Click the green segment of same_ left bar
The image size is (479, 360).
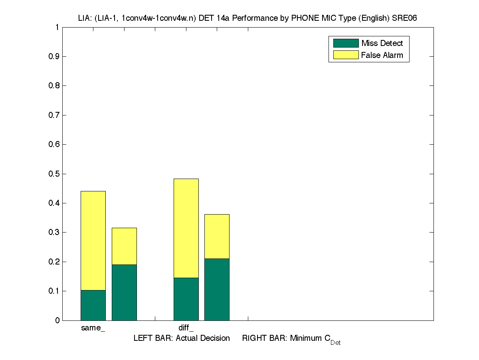(x=93, y=305)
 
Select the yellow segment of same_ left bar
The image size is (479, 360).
(x=93, y=241)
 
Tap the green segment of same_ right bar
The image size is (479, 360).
(x=124, y=292)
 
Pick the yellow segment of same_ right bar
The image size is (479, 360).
(x=124, y=246)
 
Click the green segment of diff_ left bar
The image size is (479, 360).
(x=186, y=299)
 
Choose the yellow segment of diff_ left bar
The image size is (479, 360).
(x=186, y=228)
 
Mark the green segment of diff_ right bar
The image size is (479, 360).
(x=217, y=289)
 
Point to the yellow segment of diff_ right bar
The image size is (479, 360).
(x=217, y=237)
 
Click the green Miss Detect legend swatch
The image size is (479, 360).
(x=346, y=43)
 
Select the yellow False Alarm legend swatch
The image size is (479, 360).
(x=346, y=55)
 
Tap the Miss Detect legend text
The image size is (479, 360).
(x=382, y=43)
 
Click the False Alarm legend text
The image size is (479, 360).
(x=382, y=55)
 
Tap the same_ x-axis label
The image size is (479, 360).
(x=93, y=328)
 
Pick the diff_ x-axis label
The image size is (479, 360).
(x=186, y=328)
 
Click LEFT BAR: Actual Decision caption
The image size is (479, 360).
(x=182, y=338)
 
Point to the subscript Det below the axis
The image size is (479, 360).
(x=335, y=342)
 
